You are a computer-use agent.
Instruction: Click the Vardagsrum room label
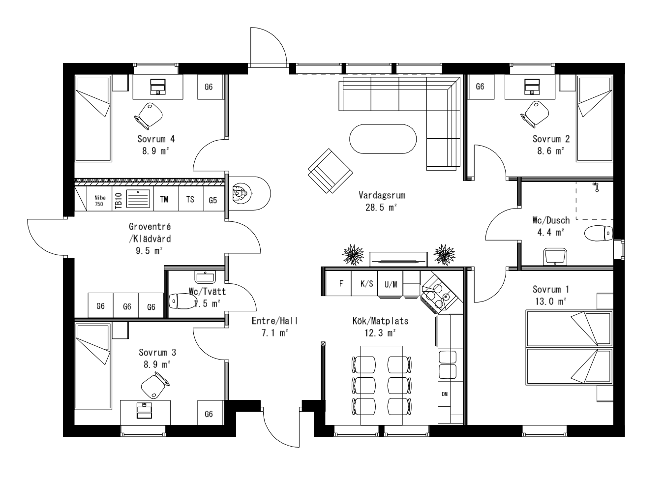[382, 195]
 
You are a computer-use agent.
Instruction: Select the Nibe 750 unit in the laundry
[99, 200]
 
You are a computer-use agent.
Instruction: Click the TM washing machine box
[164, 200]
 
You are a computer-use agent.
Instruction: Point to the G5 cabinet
[212, 200]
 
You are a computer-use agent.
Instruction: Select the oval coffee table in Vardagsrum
[383, 139]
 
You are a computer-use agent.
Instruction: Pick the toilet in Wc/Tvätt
[181, 300]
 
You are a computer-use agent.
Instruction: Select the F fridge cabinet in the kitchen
[341, 284]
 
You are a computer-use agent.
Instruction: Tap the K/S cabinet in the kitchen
[366, 284]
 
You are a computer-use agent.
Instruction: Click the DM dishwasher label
[445, 394]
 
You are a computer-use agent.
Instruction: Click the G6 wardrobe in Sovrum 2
[480, 87]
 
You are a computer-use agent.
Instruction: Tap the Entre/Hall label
[274, 321]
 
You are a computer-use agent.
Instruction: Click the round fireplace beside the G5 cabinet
[240, 193]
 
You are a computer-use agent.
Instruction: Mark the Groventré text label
[150, 227]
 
